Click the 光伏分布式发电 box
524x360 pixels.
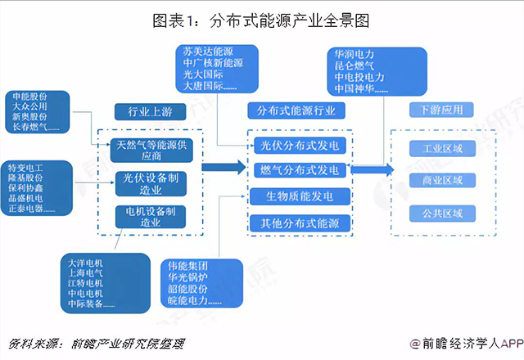pyautogui.click(x=299, y=146)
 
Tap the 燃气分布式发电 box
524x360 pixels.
pyautogui.click(x=299, y=170)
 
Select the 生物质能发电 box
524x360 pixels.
pyautogui.click(x=299, y=196)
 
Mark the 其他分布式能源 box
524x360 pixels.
pyautogui.click(x=299, y=223)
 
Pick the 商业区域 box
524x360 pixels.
pyautogui.click(x=442, y=180)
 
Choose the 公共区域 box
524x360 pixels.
pyautogui.click(x=442, y=214)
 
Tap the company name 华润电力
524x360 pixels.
pyautogui.click(x=354, y=53)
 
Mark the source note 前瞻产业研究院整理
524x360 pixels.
pyautogui.click(x=129, y=343)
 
